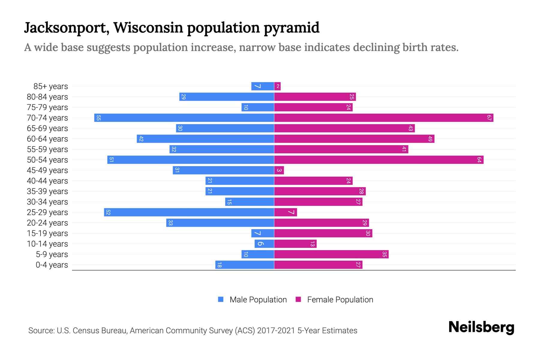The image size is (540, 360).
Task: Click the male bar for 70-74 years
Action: pyautogui.click(x=184, y=118)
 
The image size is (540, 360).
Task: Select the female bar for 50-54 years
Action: pyautogui.click(x=379, y=160)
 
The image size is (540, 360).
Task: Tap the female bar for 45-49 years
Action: pyautogui.click(x=279, y=170)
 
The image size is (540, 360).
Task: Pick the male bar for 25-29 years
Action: pyautogui.click(x=189, y=212)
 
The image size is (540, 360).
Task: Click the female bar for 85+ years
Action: pyautogui.click(x=277, y=86)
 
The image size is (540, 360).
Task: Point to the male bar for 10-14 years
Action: pyautogui.click(x=264, y=244)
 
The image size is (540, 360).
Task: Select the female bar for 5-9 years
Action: pyautogui.click(x=331, y=254)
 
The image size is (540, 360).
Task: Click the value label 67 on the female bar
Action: pyautogui.click(x=489, y=118)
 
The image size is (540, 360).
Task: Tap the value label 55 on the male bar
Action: pyautogui.click(x=98, y=118)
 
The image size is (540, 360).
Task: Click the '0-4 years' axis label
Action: pyautogui.click(x=52, y=265)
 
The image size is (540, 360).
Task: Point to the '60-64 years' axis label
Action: pyautogui.click(x=47, y=139)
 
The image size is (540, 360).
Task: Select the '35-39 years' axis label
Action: pyautogui.click(x=47, y=191)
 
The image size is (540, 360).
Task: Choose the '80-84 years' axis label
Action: pyautogui.click(x=47, y=97)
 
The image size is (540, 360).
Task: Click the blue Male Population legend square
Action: pyautogui.click(x=221, y=299)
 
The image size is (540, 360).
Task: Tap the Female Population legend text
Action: pyautogui.click(x=340, y=299)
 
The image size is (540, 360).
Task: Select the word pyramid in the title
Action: pyautogui.click(x=292, y=28)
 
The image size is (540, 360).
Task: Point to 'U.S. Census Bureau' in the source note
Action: pyautogui.click(x=92, y=330)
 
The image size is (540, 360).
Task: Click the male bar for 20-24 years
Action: pyautogui.click(x=220, y=223)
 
